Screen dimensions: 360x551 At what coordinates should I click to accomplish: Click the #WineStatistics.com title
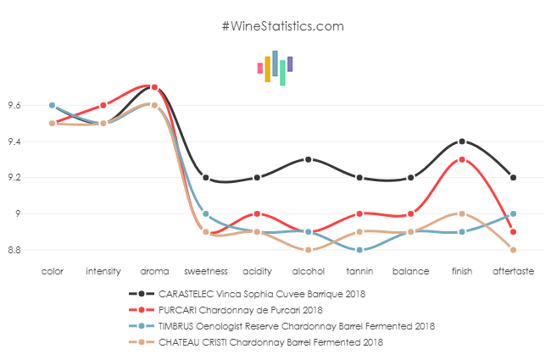(283, 26)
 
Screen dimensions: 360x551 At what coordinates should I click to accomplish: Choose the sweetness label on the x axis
(206, 272)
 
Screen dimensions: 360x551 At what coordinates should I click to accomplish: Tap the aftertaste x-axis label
(514, 272)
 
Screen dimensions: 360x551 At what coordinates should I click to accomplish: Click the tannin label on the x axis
(359, 272)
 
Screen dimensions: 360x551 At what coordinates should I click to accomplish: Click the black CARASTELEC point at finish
(462, 141)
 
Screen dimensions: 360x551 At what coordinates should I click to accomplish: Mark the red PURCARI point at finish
(462, 159)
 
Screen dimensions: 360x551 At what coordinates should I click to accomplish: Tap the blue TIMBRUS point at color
(52, 106)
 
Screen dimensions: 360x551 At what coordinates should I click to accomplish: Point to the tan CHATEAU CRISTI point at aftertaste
(514, 250)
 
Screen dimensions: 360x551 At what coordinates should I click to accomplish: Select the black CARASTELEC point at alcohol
(309, 159)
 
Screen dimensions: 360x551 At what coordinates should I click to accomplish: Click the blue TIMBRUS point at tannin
(359, 250)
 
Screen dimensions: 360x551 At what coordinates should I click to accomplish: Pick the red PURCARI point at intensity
(103, 106)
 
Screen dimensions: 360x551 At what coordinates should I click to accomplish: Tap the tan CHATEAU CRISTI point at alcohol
(309, 250)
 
